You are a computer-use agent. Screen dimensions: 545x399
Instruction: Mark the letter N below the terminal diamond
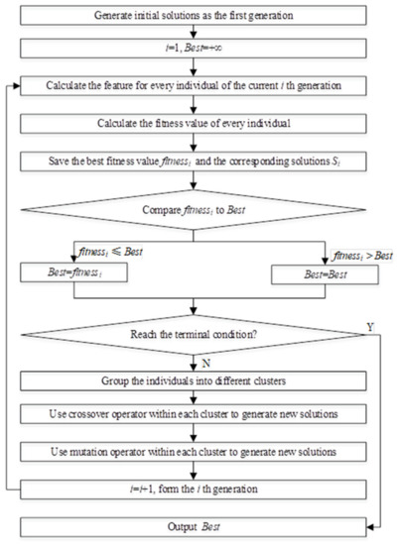point(210,365)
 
